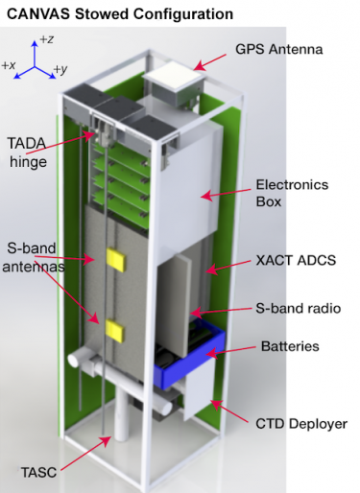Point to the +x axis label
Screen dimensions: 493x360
10,65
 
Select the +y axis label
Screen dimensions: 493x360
60,69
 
